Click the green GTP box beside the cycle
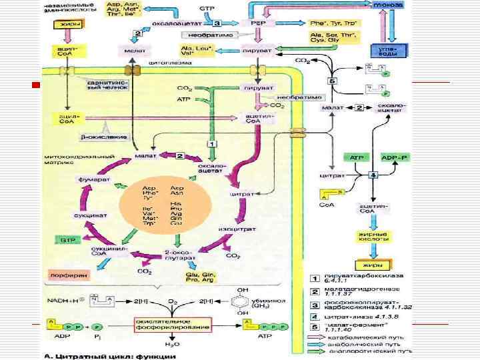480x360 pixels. [x=65, y=239]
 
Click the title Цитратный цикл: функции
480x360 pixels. [x=117, y=355]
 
